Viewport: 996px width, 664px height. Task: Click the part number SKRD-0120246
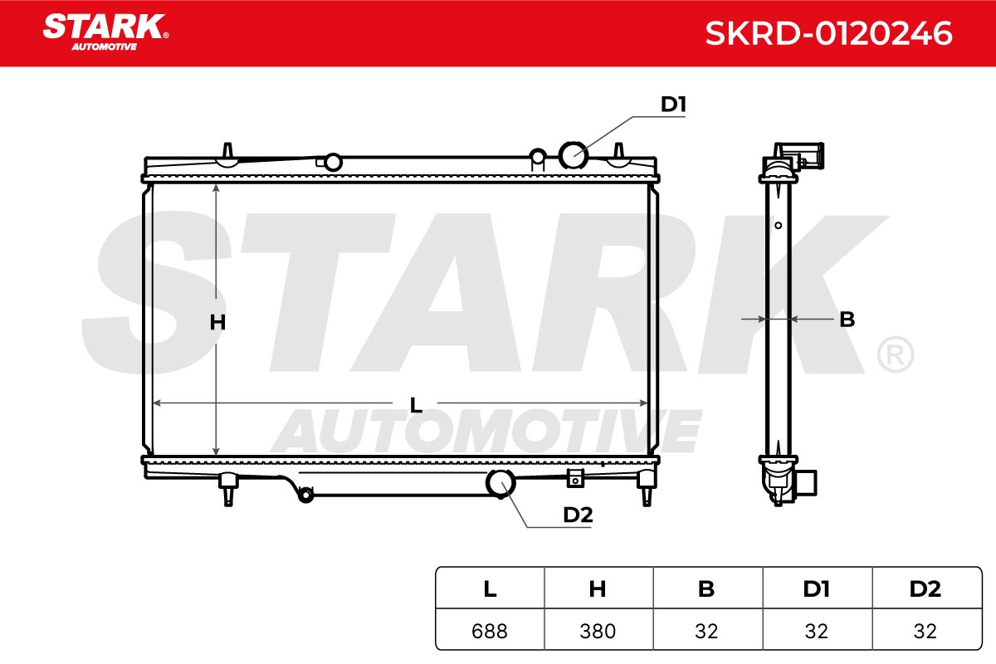coord(829,33)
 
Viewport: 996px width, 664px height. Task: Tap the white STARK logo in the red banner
coord(105,32)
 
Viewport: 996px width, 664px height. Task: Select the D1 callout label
coord(673,104)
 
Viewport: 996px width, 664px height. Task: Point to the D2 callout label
coord(578,515)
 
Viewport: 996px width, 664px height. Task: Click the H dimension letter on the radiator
coord(217,322)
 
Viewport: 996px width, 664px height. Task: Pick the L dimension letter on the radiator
coord(416,405)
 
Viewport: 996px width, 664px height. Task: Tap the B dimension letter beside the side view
coord(847,320)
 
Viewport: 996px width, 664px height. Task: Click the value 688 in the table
coord(490,631)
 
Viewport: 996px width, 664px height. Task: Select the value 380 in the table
coord(598,631)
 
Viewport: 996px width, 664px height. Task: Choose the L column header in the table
coord(490,589)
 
